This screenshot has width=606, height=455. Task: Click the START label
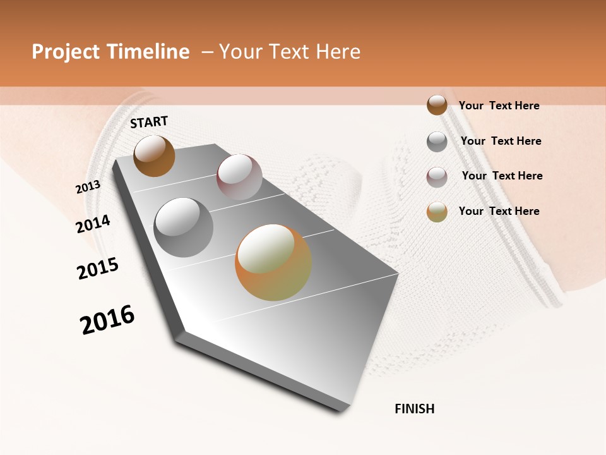click(149, 122)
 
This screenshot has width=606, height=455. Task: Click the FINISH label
click(415, 409)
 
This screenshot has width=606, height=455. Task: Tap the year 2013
click(88, 187)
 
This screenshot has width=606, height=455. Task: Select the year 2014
click(93, 224)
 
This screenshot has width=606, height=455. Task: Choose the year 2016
click(107, 320)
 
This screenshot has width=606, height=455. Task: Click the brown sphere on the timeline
click(154, 155)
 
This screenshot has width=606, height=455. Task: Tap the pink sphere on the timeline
click(239, 177)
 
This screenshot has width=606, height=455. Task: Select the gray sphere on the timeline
click(184, 227)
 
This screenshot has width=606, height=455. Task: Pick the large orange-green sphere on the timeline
click(273, 262)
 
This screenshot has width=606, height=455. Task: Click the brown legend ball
click(437, 105)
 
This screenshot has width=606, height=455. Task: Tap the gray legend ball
click(437, 142)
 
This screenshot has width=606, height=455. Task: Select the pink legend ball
click(437, 177)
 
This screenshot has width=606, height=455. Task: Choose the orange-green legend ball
click(437, 212)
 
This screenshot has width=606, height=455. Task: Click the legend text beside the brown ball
click(499, 106)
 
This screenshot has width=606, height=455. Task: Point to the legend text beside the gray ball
click(501, 141)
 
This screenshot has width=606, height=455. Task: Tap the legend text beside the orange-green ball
click(499, 211)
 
